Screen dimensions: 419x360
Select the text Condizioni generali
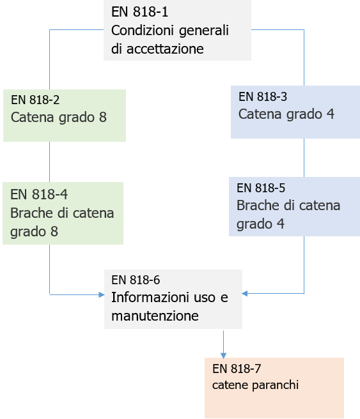(169, 30)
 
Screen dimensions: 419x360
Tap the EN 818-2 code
(35, 100)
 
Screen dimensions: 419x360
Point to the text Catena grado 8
(58, 118)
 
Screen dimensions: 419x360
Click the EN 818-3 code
(263, 97)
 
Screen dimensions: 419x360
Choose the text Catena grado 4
(286, 114)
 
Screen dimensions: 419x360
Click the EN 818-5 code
(261, 188)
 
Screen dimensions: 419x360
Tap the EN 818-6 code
(136, 280)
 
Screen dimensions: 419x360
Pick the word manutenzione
(155, 316)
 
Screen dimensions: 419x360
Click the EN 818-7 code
(237, 369)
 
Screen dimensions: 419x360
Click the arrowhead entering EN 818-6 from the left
(101, 294)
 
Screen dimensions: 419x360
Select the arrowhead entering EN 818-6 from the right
(245, 294)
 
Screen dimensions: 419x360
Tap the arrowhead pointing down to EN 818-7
(223, 354)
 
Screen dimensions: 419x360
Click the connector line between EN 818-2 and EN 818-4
(50, 162)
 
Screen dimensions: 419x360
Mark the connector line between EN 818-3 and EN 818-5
(304, 157)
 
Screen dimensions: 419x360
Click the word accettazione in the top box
(157, 49)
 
